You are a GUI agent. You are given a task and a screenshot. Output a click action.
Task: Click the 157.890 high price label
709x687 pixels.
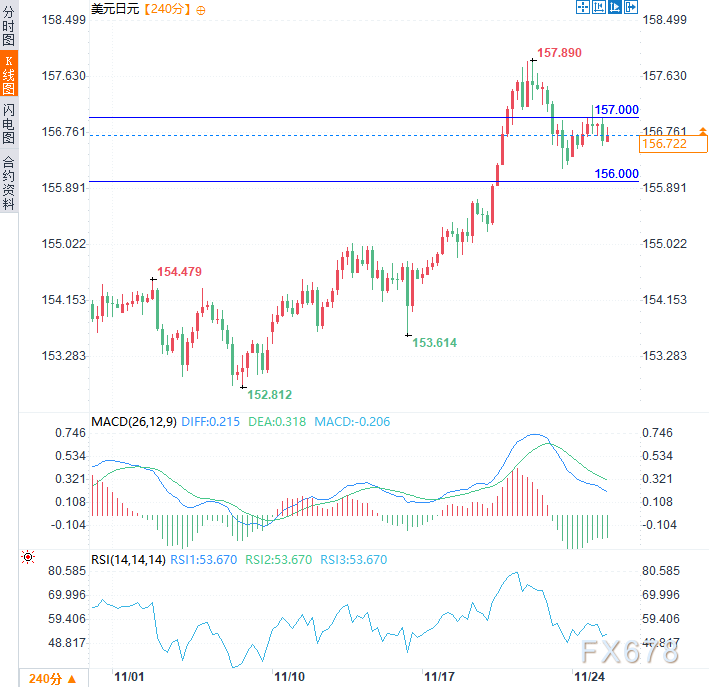click(559, 52)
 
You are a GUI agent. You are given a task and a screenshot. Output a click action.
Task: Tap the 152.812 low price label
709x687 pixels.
click(269, 395)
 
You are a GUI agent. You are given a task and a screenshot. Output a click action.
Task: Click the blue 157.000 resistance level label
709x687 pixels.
click(617, 109)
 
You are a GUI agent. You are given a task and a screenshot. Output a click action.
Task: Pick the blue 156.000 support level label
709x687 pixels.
click(617, 174)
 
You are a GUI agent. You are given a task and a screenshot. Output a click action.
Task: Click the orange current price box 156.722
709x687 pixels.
click(672, 145)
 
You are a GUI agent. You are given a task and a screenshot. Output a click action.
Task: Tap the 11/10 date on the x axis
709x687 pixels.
click(290, 677)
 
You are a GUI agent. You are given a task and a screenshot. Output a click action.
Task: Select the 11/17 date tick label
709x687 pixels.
click(438, 677)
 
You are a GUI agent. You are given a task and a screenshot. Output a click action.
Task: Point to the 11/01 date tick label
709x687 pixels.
click(130, 677)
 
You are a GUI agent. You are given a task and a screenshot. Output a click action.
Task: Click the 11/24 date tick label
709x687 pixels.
click(587, 677)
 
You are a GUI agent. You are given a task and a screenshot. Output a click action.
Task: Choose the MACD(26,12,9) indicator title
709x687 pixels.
click(134, 422)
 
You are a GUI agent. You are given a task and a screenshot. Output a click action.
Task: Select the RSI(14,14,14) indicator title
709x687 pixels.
click(128, 560)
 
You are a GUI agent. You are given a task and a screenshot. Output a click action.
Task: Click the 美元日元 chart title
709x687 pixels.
click(115, 9)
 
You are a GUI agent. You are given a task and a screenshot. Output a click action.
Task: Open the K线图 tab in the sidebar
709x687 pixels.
click(9, 76)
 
